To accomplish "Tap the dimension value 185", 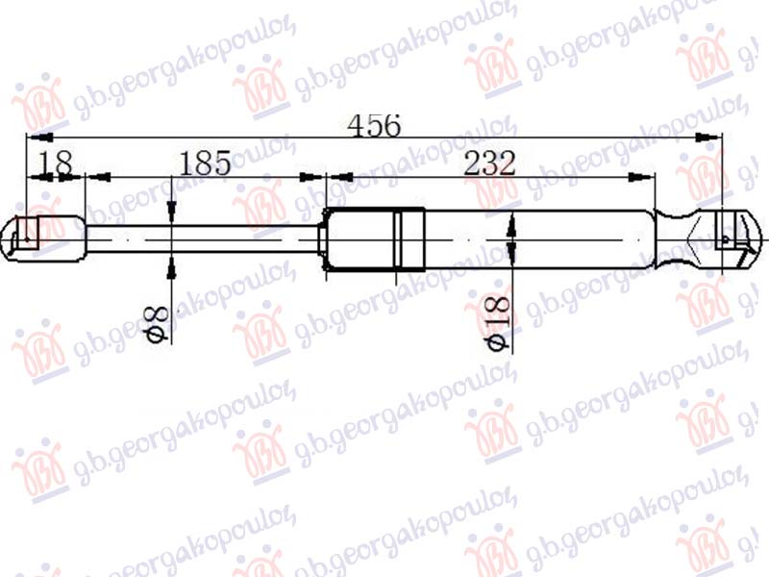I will point(203,163).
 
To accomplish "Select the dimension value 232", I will point(489,163).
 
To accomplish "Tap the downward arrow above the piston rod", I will point(171,216).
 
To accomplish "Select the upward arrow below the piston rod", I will point(171,261).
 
